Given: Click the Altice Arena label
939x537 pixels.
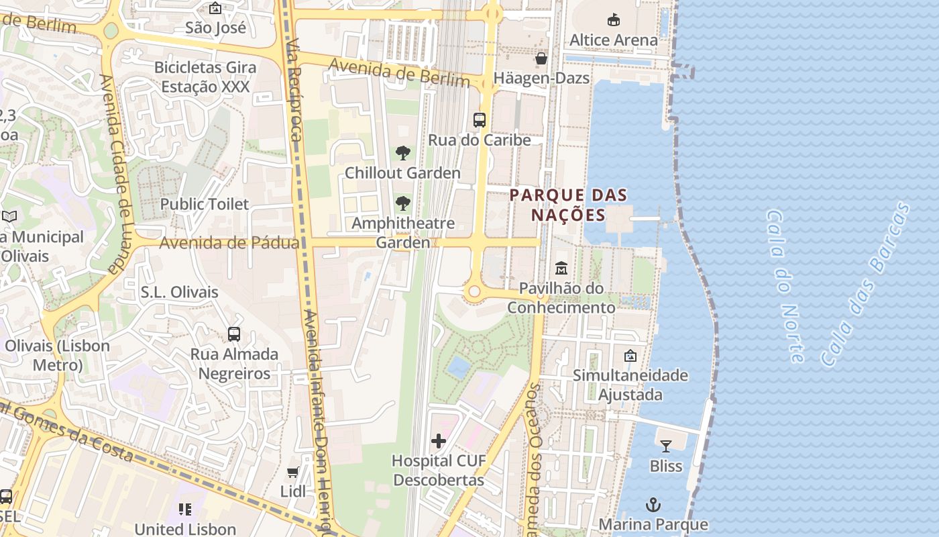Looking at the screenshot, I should pyautogui.click(x=613, y=40).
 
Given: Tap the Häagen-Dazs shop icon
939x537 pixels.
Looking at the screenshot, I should pyautogui.click(x=541, y=59).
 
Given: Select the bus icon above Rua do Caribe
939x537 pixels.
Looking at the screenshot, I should pyautogui.click(x=479, y=120).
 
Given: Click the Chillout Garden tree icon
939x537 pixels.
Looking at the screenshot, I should pyautogui.click(x=402, y=154).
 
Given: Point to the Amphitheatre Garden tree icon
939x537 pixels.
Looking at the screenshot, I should pyautogui.click(x=402, y=203).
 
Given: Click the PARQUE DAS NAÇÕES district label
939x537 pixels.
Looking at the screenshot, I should pyautogui.click(x=568, y=205).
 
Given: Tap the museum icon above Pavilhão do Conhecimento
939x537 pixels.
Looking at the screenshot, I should pyautogui.click(x=561, y=269).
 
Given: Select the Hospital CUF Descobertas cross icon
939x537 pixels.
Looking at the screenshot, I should pyautogui.click(x=439, y=441).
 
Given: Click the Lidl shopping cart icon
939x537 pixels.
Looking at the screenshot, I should pyautogui.click(x=293, y=473).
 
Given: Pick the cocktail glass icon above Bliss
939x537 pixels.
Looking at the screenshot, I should pyautogui.click(x=665, y=446).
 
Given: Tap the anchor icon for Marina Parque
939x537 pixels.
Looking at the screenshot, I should pyautogui.click(x=653, y=504).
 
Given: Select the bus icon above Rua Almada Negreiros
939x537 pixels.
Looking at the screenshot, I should pyautogui.click(x=234, y=334).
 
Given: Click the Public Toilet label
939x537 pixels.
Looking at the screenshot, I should pyautogui.click(x=205, y=204).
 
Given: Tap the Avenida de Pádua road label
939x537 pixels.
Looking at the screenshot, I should pyautogui.click(x=229, y=243).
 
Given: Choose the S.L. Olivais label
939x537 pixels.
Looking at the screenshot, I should pyautogui.click(x=180, y=292).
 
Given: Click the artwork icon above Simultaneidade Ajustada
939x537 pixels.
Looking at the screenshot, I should pyautogui.click(x=630, y=356).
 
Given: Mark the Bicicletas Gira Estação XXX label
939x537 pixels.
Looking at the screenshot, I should pyautogui.click(x=205, y=77).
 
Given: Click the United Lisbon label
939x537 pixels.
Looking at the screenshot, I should pyautogui.click(x=185, y=529).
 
